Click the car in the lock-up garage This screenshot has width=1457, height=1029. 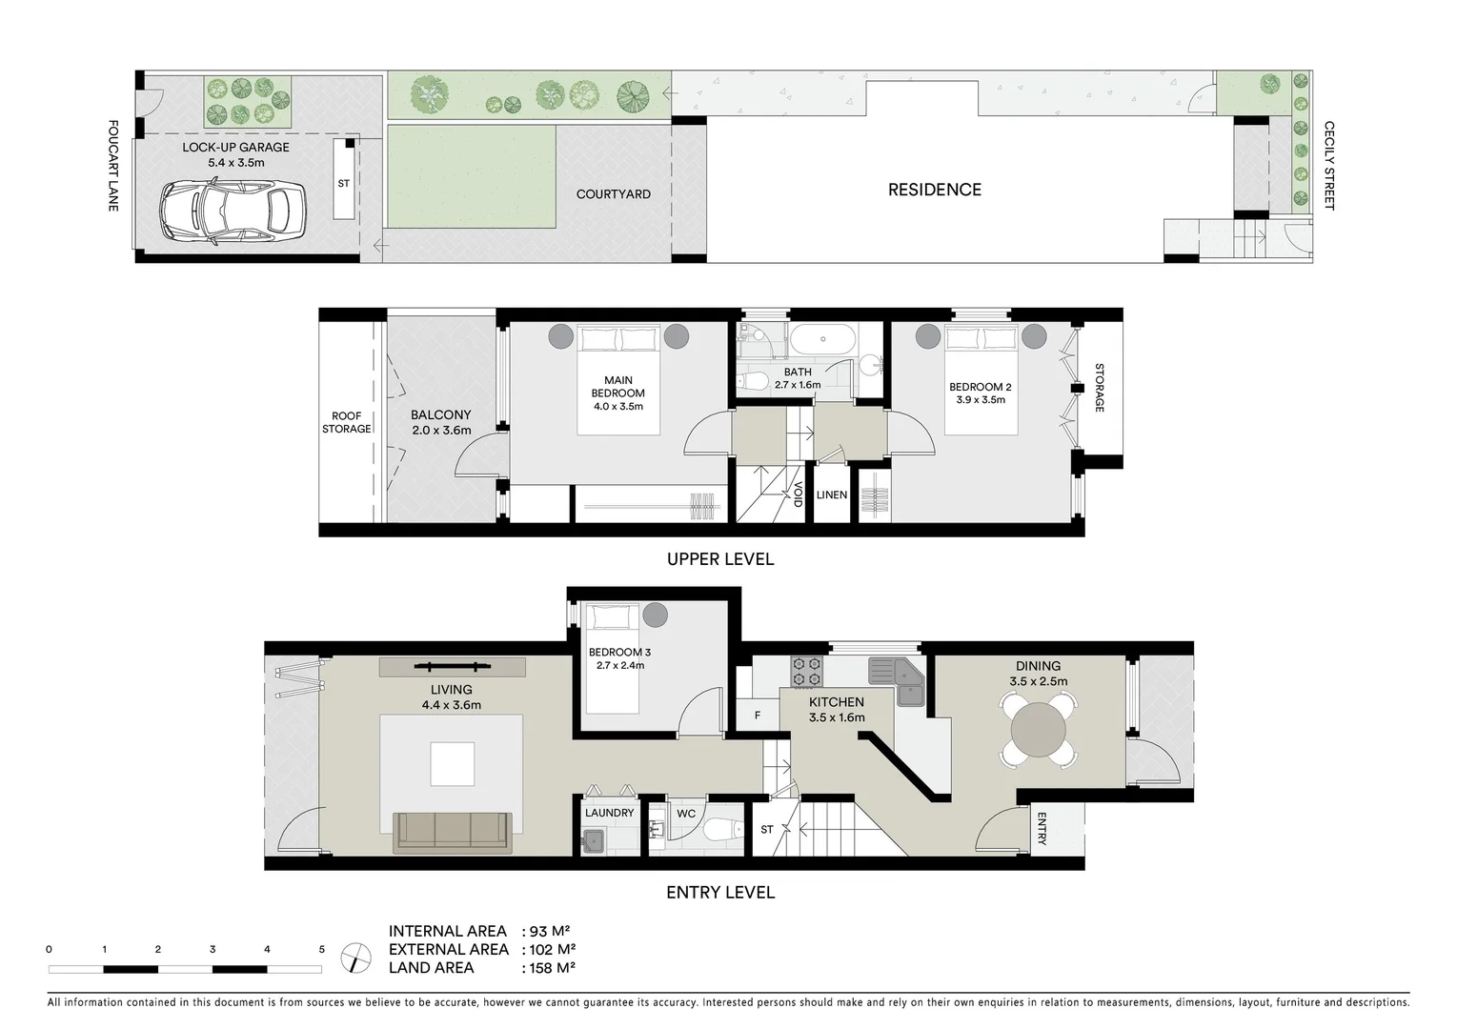233,212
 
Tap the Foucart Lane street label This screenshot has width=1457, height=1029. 113,166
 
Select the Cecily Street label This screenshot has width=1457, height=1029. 1329,166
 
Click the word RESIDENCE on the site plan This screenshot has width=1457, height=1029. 935,190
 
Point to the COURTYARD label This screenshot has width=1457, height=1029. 614,193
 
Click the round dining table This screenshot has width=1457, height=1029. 1039,730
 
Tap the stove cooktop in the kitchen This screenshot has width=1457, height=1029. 806,672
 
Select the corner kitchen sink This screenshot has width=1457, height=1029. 897,681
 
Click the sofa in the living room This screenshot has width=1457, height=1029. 452,834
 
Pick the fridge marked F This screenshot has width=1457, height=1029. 758,715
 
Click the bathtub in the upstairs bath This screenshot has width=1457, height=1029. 822,339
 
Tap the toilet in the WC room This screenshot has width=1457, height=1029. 722,830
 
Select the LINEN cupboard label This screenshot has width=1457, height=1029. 832,495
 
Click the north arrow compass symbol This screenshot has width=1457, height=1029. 355,958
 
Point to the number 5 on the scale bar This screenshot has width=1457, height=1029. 321,949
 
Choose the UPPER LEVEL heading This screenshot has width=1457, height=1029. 720,559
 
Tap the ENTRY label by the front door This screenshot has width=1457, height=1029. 1042,829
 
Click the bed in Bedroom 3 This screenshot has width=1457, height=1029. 612,658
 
